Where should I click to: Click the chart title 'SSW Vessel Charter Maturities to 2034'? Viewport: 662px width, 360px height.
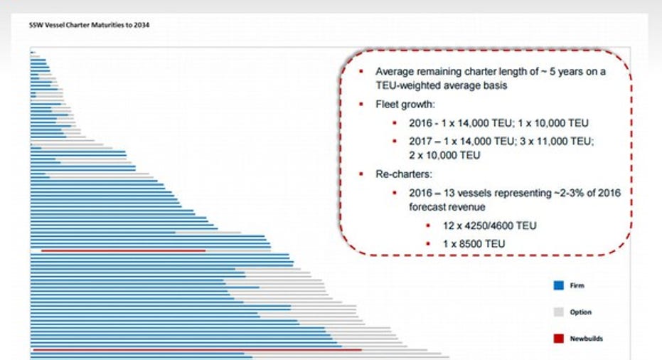pos(89,25)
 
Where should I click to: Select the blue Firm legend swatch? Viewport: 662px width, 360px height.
pos(559,285)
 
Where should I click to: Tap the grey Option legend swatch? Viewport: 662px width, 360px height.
pos(559,312)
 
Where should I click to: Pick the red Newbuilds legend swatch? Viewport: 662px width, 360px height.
pos(559,339)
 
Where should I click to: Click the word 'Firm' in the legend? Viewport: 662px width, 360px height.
pos(577,285)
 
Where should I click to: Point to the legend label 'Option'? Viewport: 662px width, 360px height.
pos(580,312)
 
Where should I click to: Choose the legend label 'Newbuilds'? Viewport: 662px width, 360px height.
pos(586,339)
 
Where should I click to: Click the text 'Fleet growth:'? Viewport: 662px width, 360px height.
pos(405,105)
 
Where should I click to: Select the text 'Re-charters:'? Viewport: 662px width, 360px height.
pos(404,174)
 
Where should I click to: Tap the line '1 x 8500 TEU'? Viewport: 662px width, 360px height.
pos(474,244)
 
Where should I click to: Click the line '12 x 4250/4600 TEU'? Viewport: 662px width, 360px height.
pos(489,226)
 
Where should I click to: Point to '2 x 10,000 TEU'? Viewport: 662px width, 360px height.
pos(444,156)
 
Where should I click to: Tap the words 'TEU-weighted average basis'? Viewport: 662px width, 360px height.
pos(441,86)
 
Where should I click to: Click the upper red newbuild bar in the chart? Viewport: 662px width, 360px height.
pos(123,250)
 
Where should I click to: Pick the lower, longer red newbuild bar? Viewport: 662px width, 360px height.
pos(197,350)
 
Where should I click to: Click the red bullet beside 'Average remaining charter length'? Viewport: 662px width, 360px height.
pos(361,71)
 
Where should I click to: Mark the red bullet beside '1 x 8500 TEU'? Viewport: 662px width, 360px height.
pos(428,244)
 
